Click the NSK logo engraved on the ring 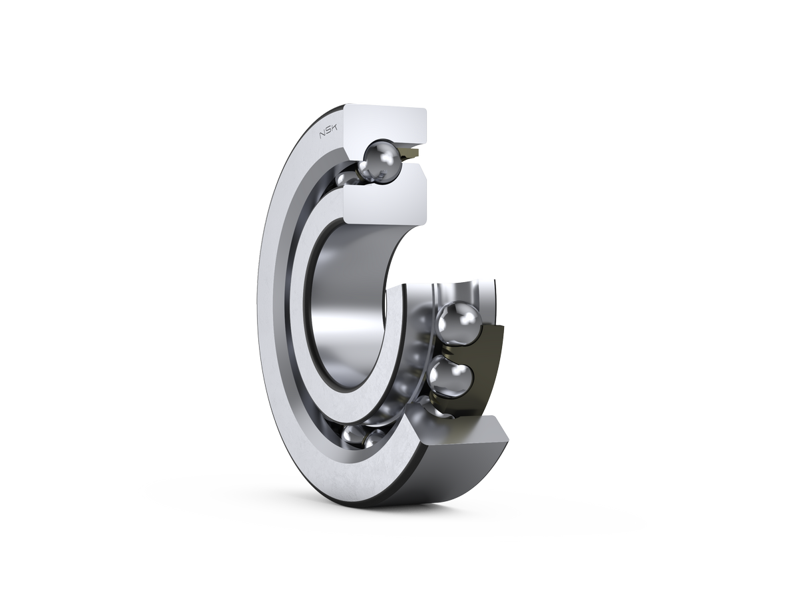coord(328,132)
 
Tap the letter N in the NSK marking coord(322,135)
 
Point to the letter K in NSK coord(334,128)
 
